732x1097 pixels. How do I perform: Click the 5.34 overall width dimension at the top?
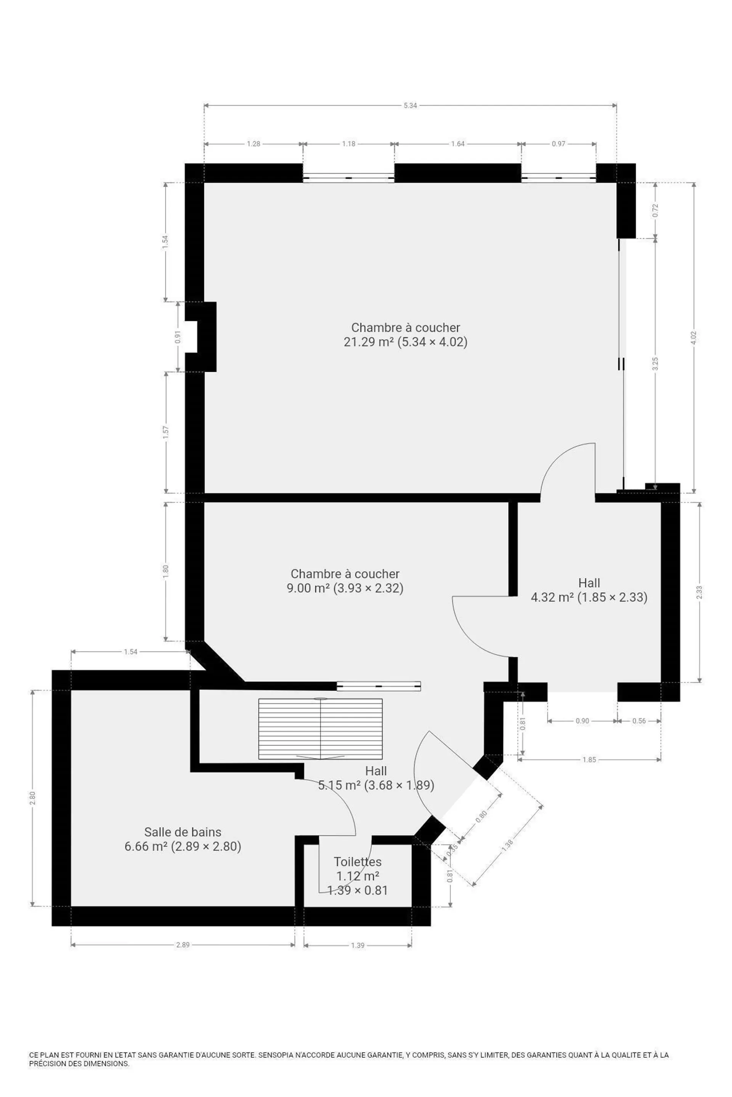click(410, 106)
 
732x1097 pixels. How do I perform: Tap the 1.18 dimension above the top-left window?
click(349, 144)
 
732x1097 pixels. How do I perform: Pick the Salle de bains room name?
click(183, 832)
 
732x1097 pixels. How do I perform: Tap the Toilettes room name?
click(358, 862)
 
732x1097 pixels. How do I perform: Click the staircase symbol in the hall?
click(320, 729)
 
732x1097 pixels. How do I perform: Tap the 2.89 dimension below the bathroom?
click(183, 945)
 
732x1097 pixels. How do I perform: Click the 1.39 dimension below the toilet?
click(358, 945)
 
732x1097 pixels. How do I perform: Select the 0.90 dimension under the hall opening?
click(582, 721)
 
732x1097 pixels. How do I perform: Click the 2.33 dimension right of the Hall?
click(699, 592)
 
